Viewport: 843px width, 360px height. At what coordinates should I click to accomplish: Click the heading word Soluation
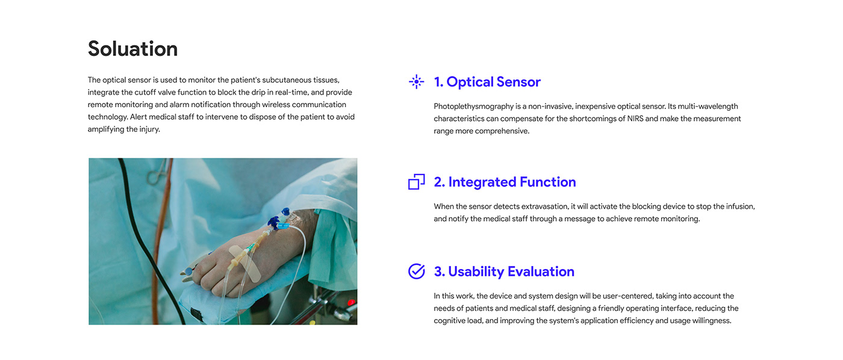point(132,49)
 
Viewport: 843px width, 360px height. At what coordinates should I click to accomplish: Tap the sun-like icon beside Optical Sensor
point(416,82)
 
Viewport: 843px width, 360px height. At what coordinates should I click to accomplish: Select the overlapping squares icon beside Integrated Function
point(416,182)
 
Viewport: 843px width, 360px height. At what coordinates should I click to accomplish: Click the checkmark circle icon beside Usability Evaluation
point(416,272)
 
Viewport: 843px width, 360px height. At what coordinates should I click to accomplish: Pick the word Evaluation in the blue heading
point(541,272)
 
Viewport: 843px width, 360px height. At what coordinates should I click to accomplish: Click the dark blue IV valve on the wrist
point(275,222)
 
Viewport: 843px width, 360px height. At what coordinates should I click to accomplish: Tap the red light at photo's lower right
point(351,302)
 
